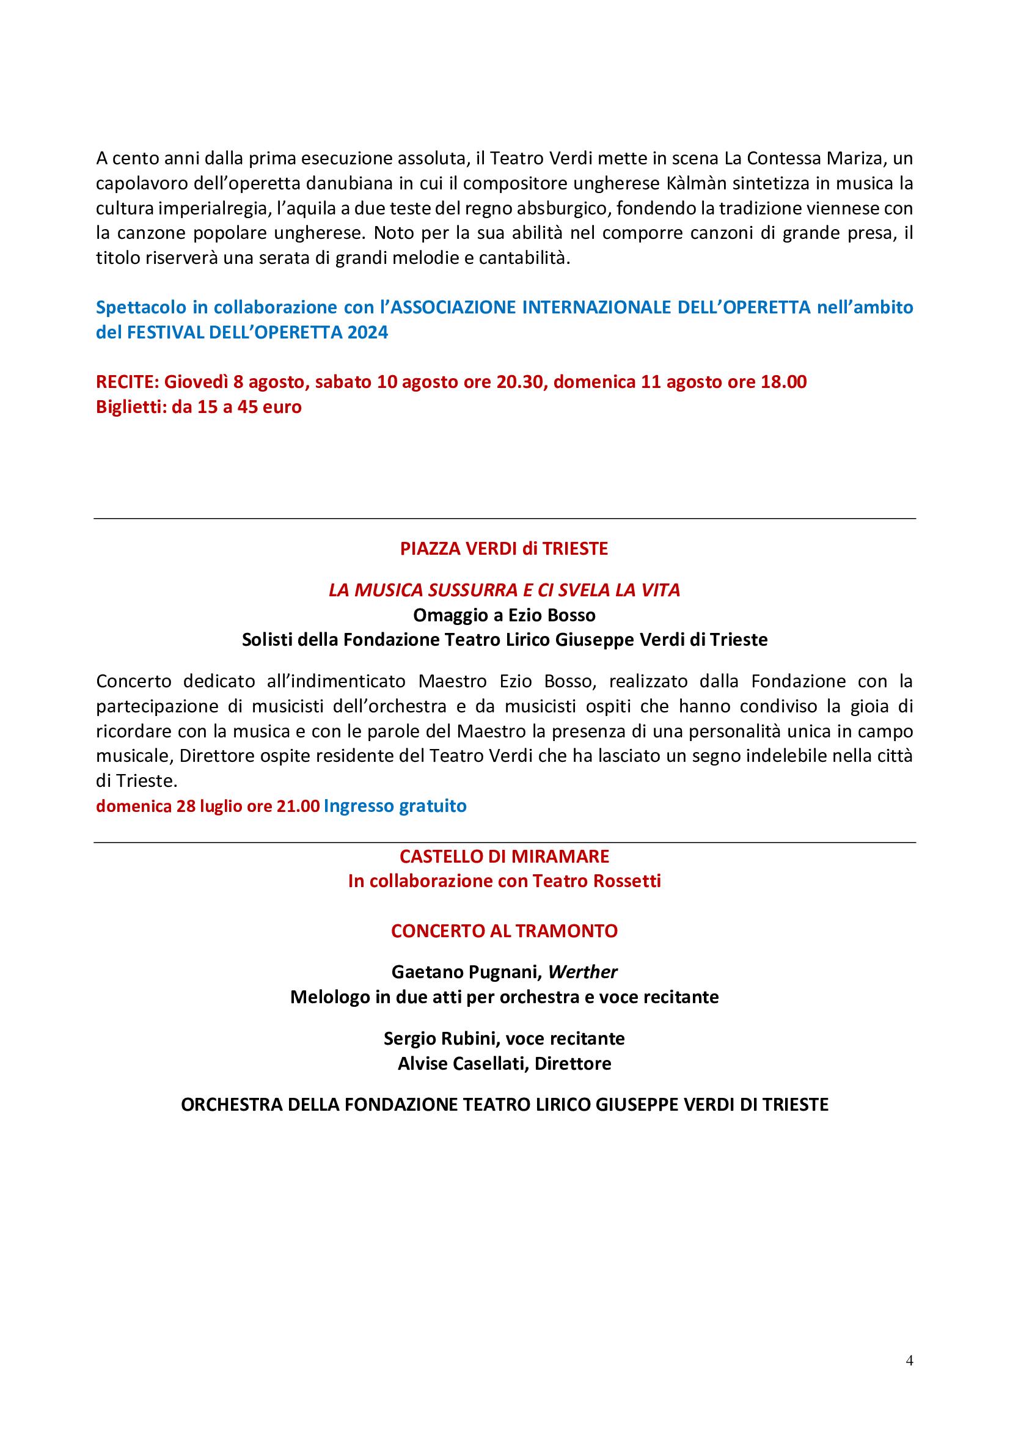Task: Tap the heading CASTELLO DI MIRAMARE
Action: pos(504,857)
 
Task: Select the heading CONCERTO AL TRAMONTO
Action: pos(504,930)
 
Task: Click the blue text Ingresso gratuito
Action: pos(395,806)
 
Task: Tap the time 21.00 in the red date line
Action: pos(298,806)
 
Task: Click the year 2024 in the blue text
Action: pos(368,332)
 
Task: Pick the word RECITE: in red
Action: pos(127,381)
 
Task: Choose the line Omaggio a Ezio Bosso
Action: pos(504,615)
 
